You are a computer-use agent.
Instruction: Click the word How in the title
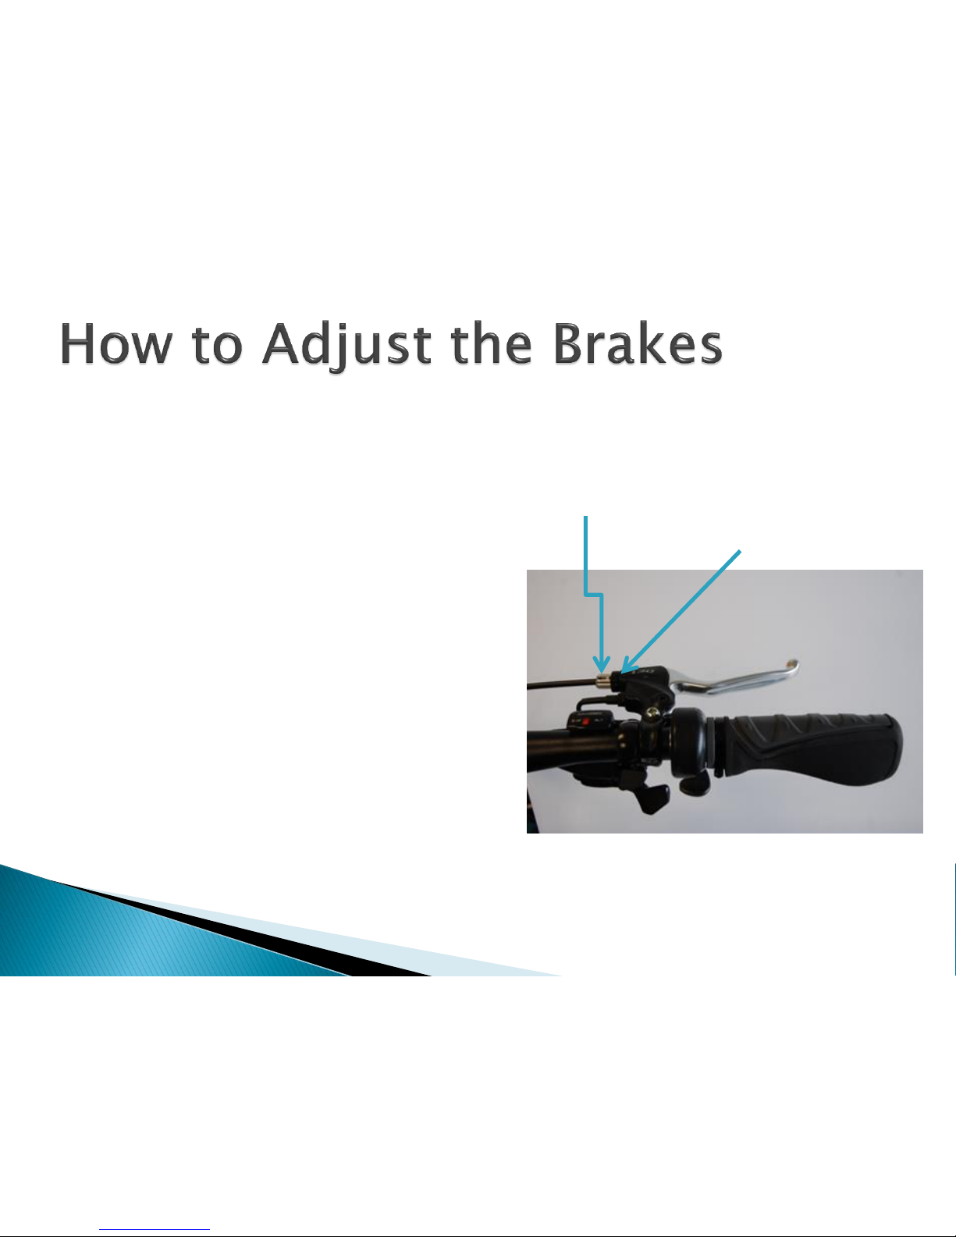point(116,343)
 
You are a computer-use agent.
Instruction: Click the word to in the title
point(218,345)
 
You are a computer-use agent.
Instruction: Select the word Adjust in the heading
point(347,346)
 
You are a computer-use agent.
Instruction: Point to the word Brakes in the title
point(638,343)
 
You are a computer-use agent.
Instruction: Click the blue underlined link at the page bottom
point(155,1229)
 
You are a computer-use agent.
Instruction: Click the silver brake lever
point(734,681)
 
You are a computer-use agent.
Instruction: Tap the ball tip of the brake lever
point(791,664)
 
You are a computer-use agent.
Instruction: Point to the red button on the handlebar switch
point(585,722)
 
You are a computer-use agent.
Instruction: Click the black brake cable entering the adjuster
point(561,684)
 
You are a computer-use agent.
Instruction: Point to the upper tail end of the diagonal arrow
point(740,550)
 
